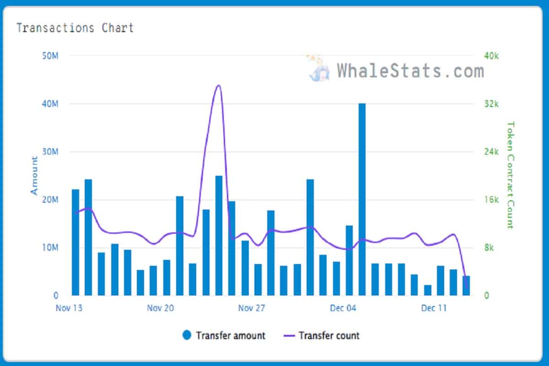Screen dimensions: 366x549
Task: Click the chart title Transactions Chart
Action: point(75,28)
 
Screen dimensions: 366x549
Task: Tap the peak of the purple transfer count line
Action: point(218,86)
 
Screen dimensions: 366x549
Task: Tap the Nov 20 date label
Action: point(161,308)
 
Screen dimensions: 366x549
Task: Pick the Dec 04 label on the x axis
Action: point(343,308)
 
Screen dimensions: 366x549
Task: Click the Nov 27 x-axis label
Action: point(252,308)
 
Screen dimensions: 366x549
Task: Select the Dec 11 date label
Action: point(434,308)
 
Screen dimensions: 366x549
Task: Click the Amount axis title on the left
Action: point(34,176)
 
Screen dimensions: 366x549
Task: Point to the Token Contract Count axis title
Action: point(510,175)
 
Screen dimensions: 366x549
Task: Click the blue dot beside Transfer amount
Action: point(187,335)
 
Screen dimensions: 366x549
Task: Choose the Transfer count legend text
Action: point(329,335)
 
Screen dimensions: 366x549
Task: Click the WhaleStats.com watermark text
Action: point(410,71)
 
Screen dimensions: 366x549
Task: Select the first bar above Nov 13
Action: point(75,242)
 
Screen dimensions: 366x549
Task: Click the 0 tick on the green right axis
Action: point(487,296)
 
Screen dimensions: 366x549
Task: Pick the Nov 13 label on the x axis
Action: point(69,308)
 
